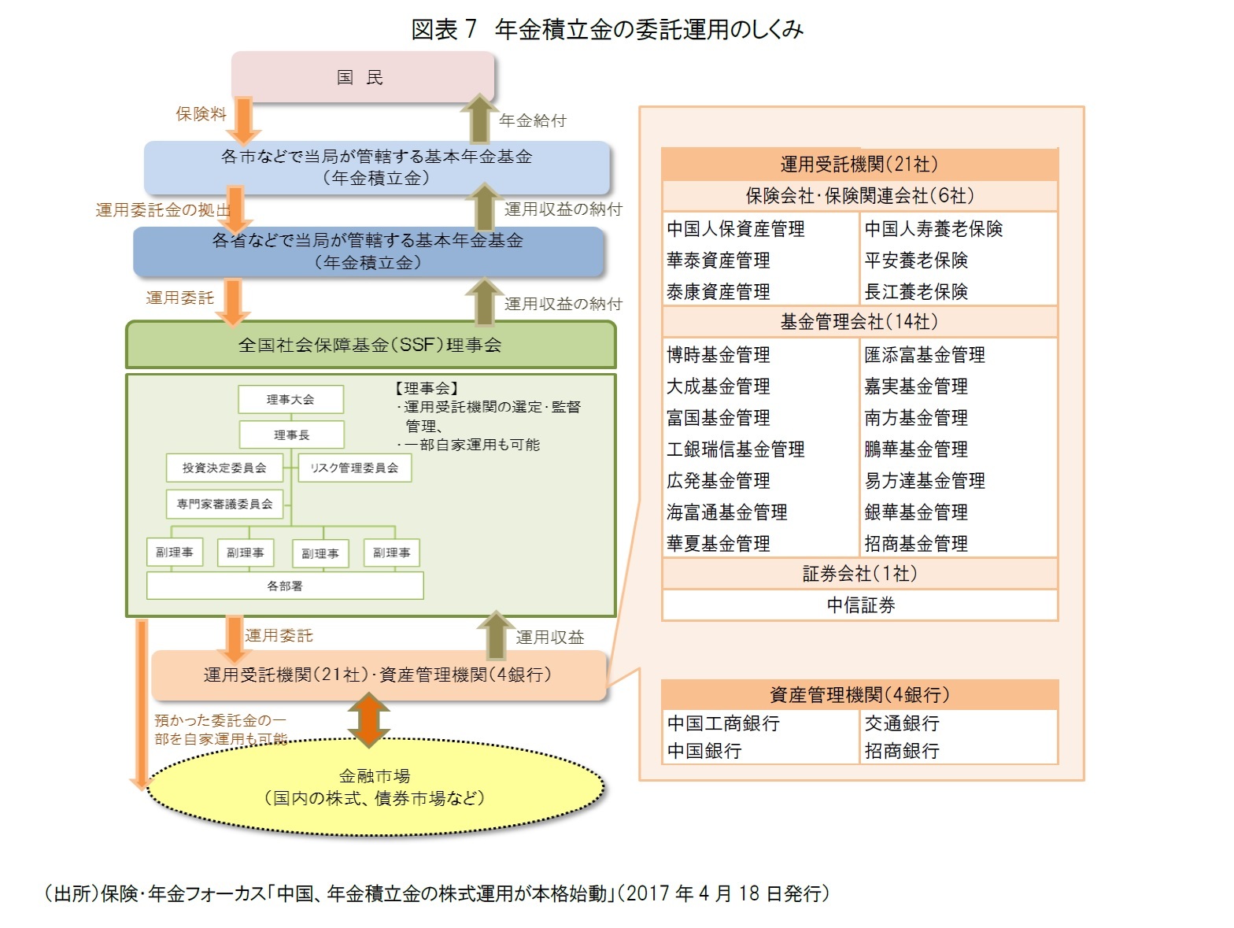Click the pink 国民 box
362,77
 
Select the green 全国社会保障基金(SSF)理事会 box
371,345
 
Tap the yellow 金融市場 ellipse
375,787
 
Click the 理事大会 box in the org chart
290,400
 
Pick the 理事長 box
291,434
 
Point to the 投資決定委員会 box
224,468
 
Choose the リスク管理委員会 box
354,468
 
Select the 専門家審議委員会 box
224,504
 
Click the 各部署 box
285,586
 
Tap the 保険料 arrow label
201,114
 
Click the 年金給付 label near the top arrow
532,120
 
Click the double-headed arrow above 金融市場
368,719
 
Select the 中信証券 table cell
860,605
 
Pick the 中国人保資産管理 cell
736,229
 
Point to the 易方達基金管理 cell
925,481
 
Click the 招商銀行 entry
902,751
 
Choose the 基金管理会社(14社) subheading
859,322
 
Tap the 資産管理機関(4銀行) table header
859,695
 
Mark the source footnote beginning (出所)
437,893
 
